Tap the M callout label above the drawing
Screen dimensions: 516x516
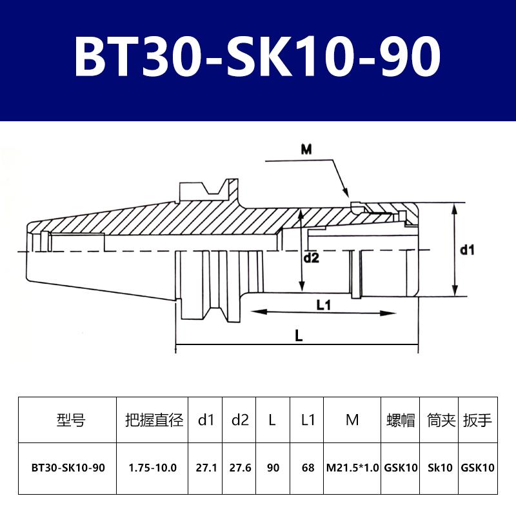tap(306, 150)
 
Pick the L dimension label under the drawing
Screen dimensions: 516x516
tap(298, 337)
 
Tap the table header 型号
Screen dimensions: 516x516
tap(71, 421)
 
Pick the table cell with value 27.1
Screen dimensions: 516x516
tap(206, 468)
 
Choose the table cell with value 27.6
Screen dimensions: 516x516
tap(240, 468)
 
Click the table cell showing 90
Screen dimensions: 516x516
tap(273, 468)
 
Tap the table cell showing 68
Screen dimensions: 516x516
tap(307, 468)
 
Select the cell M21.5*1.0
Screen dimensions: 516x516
tap(352, 468)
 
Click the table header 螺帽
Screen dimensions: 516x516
tap(400, 421)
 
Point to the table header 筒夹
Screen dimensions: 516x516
tap(439, 421)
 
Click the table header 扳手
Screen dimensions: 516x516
tap(478, 421)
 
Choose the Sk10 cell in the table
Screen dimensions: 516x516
tap(439, 468)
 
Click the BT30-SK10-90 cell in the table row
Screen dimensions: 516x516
tap(67, 468)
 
